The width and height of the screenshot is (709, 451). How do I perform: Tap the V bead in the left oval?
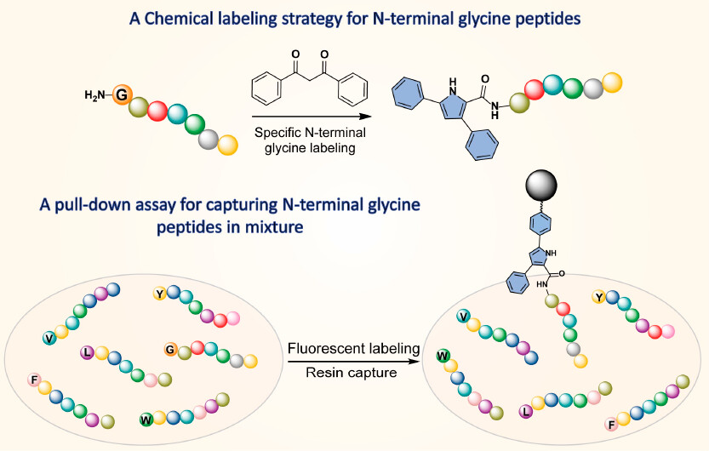(50, 338)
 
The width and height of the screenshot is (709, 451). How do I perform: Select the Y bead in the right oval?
(599, 297)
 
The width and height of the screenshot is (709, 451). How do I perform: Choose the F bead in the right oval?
(610, 424)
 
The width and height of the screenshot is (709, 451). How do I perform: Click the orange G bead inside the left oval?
(170, 350)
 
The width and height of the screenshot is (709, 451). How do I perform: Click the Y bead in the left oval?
(159, 294)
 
